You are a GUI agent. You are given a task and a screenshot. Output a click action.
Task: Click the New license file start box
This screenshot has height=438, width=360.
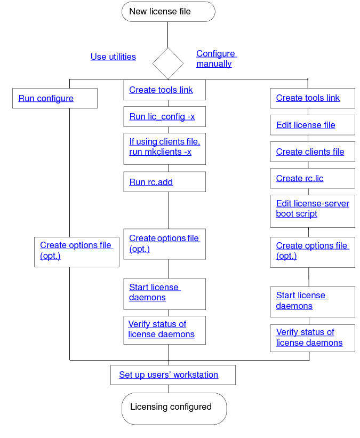point(168,12)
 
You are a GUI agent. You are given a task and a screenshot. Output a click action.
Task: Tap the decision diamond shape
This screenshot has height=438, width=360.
point(168,63)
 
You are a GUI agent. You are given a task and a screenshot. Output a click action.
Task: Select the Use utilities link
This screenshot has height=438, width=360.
point(113,57)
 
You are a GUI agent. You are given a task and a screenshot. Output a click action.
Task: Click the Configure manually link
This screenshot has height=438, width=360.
point(216,59)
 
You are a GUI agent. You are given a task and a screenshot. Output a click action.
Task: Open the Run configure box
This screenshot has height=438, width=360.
point(54,98)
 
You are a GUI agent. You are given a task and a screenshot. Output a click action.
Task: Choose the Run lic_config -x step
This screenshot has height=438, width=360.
point(164,117)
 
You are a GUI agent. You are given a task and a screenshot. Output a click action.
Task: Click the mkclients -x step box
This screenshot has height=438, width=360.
point(164,147)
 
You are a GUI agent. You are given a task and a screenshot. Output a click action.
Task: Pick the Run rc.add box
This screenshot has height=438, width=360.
point(164,182)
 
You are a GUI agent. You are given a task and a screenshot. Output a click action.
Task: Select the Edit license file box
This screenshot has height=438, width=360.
point(312,125)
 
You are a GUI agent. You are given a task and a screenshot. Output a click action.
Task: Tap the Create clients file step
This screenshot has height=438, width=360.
point(312,152)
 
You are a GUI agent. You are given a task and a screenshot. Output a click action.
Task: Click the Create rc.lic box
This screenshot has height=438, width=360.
point(312,178)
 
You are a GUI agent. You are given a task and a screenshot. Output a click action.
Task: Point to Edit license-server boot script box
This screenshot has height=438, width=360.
point(312,209)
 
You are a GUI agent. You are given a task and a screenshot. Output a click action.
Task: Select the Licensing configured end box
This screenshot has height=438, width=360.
point(174,408)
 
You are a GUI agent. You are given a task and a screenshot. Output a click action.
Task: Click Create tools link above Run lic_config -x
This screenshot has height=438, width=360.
point(164,90)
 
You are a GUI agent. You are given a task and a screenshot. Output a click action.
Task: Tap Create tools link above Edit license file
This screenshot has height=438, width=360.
point(312,98)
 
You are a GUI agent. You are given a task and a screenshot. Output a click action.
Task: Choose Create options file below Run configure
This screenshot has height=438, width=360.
point(76,251)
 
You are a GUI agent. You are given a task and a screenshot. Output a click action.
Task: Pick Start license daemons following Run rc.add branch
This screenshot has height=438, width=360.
point(164,293)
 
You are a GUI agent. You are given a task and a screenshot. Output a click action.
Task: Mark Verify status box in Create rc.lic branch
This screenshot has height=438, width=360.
point(312,338)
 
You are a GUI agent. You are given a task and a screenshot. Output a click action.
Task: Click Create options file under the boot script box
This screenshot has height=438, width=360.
point(312,251)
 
